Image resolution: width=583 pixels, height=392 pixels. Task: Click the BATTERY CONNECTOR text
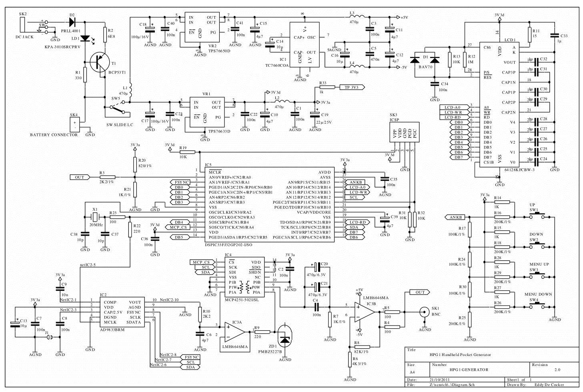click(x=54, y=135)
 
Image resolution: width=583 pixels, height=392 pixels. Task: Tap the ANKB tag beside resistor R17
click(x=455, y=217)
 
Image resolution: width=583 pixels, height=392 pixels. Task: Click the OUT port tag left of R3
click(x=80, y=177)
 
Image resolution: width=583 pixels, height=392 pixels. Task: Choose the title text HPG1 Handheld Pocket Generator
click(x=460, y=355)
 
